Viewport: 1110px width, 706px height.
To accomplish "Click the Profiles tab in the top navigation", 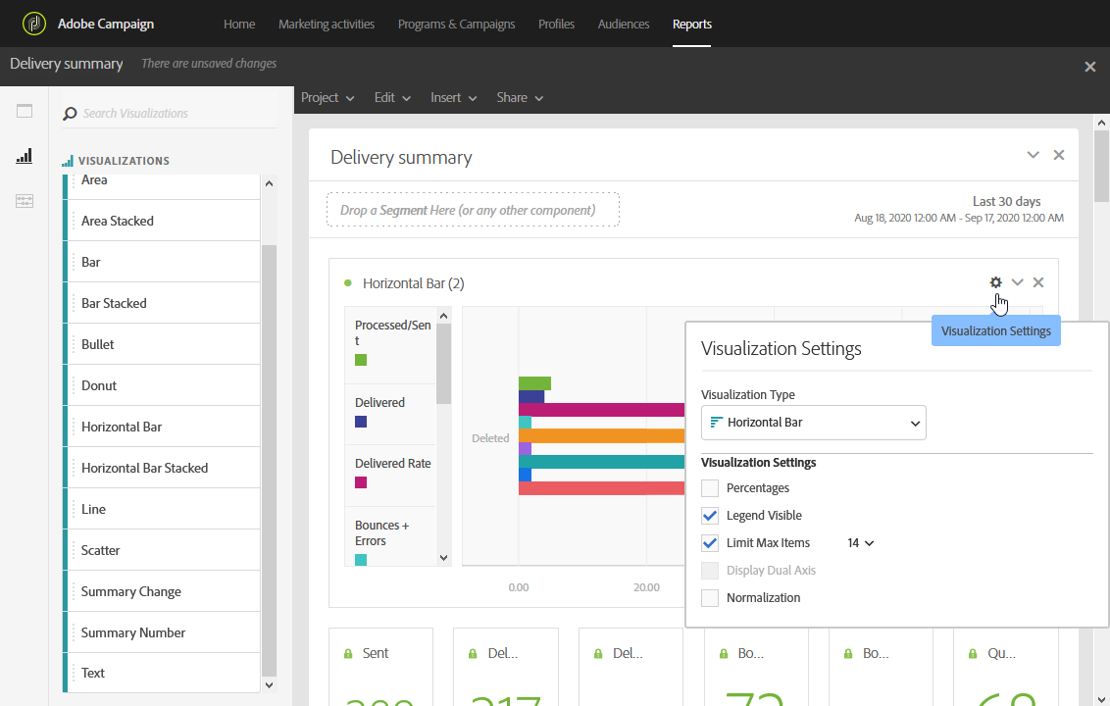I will pos(556,24).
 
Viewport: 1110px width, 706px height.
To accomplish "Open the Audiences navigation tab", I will pos(624,24).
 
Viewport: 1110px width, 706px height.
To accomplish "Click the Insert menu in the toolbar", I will pos(453,97).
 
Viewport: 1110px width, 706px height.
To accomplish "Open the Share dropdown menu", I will pos(520,97).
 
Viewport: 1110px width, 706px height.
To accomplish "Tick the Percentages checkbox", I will pos(710,487).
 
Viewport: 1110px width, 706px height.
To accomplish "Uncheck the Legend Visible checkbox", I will pos(710,515).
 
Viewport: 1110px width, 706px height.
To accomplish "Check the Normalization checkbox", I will pos(710,597).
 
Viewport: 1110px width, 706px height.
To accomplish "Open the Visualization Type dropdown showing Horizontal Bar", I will pos(813,423).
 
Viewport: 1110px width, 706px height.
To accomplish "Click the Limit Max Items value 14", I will pos(860,542).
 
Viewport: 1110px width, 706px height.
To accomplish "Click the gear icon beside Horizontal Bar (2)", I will pos(995,282).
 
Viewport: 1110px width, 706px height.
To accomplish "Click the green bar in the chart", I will pos(534,383).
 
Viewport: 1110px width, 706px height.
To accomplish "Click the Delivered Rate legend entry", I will pos(393,464).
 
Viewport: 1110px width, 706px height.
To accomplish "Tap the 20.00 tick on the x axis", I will pos(646,587).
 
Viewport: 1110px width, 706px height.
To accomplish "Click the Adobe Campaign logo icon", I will pos(34,24).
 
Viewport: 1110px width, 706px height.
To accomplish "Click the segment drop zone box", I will pos(473,210).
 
